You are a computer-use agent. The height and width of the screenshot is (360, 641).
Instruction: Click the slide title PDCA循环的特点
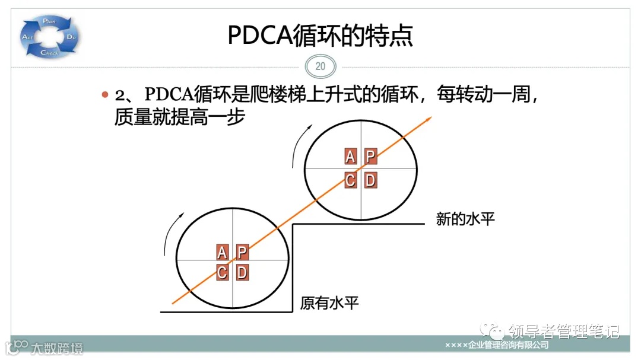pyautogui.click(x=320, y=36)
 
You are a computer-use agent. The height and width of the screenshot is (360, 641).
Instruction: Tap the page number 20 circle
pyautogui.click(x=320, y=66)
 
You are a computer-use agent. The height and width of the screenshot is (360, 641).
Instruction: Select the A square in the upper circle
pyautogui.click(x=351, y=157)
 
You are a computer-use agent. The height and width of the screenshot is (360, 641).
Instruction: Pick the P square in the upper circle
pyautogui.click(x=370, y=157)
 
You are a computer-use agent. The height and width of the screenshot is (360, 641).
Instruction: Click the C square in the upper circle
pyautogui.click(x=351, y=180)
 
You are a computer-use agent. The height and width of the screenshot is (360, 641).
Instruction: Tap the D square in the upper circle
pyautogui.click(x=370, y=180)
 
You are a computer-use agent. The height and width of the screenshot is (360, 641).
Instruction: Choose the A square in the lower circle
pyautogui.click(x=222, y=252)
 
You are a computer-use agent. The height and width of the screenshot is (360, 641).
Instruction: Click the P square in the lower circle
pyautogui.click(x=242, y=252)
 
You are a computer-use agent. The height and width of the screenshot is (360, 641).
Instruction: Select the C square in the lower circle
pyautogui.click(x=222, y=273)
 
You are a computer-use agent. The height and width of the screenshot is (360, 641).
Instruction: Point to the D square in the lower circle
pyautogui.click(x=242, y=273)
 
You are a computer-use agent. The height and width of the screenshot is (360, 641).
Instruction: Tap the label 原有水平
pyautogui.click(x=329, y=304)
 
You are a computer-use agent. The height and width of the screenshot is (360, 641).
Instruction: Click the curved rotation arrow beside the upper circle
pyautogui.click(x=299, y=145)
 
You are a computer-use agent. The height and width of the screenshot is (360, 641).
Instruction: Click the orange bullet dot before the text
pyautogui.click(x=105, y=95)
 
